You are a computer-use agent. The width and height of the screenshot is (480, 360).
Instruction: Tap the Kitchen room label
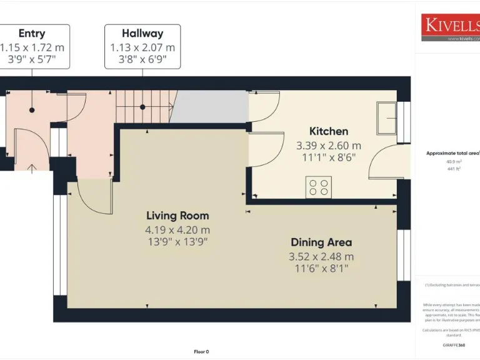(x=329, y=131)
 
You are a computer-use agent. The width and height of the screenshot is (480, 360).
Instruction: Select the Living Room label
(x=177, y=216)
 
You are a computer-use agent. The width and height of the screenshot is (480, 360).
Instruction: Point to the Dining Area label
(x=321, y=242)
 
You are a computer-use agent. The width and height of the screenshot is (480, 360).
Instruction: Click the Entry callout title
(x=32, y=34)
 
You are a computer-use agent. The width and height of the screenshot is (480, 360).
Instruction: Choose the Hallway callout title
(x=142, y=34)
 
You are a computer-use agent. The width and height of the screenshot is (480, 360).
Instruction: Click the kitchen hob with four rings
(x=318, y=187)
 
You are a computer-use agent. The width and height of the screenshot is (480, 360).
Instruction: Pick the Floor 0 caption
(x=201, y=351)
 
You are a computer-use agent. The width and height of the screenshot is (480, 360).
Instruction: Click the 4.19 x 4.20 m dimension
(x=177, y=229)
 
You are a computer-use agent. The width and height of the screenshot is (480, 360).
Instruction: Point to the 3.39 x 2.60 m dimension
(x=329, y=146)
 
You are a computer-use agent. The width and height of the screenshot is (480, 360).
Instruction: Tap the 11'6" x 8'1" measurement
(x=321, y=268)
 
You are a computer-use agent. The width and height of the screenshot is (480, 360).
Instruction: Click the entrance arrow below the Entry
(x=32, y=167)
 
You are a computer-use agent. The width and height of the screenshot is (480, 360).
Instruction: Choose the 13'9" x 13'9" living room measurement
(x=177, y=241)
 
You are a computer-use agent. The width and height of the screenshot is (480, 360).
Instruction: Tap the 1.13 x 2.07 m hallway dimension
(x=142, y=47)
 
